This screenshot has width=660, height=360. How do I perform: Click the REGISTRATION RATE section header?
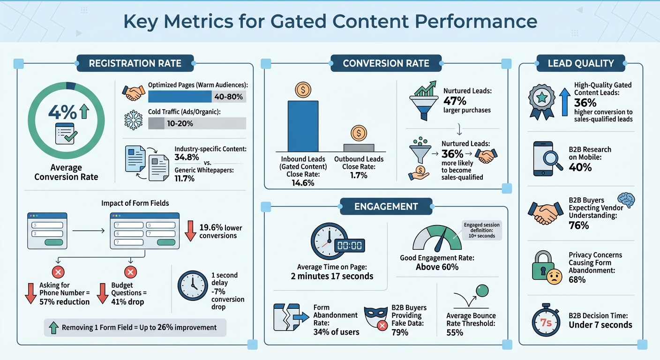135,63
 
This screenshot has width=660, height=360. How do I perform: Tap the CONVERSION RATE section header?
386,63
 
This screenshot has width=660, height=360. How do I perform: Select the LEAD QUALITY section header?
581,63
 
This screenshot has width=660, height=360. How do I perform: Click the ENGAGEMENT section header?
386,206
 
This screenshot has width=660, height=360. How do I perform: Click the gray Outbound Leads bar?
359,147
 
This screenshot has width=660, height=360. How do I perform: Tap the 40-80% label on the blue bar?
227,97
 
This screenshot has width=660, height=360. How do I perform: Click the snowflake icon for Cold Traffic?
133,120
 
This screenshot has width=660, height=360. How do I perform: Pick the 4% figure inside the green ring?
62,112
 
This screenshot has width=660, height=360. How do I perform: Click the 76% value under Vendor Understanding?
579,226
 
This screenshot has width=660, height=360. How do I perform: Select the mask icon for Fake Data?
375,317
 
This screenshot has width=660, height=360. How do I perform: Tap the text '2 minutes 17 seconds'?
332,276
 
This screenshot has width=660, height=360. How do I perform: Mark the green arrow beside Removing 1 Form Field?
53,328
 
